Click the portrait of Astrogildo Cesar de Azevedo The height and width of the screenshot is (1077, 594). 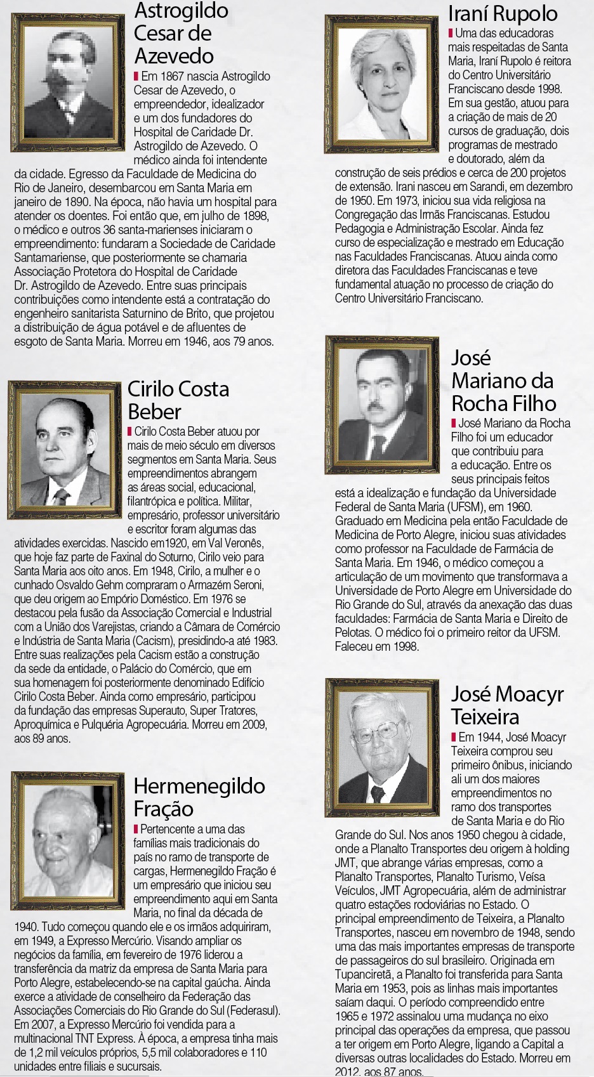coord(70,75)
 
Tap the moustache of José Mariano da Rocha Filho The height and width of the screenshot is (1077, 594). coord(379,405)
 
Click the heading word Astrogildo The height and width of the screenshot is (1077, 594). coord(181,11)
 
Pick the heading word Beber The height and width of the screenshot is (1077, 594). coord(155,412)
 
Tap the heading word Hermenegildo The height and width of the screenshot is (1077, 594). coord(199,786)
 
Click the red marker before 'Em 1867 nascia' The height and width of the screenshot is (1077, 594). coord(136,76)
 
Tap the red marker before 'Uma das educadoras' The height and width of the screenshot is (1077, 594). coord(451,33)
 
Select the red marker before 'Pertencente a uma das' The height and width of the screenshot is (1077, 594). coord(136,829)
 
